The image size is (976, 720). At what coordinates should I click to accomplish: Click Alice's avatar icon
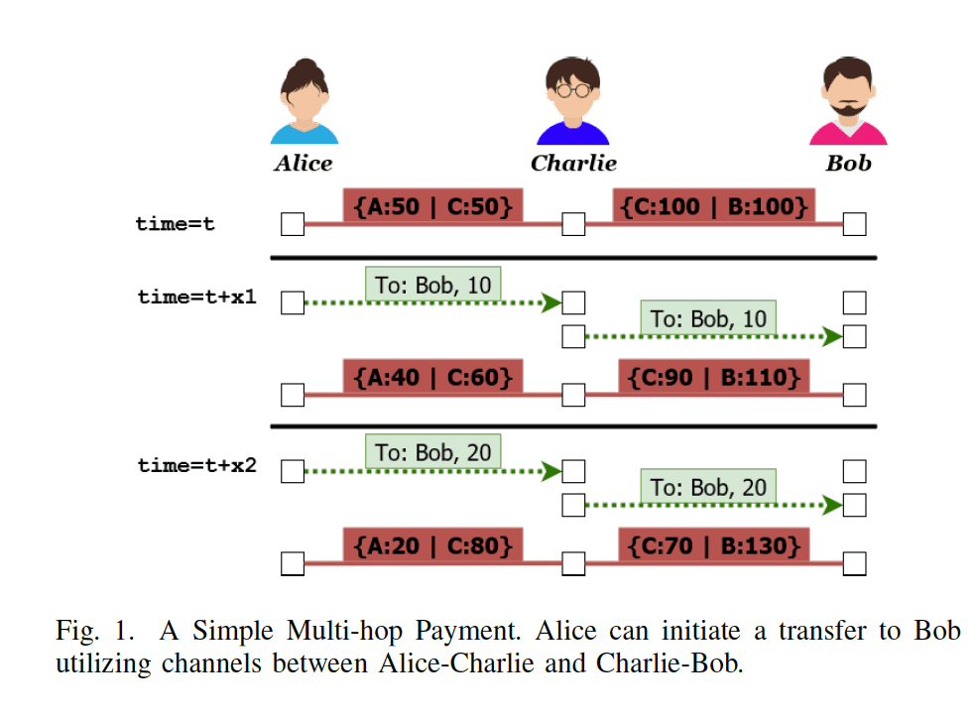coord(304,101)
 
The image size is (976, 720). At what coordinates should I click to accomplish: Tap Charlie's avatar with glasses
coord(572,101)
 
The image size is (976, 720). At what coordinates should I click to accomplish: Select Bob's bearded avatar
coord(848,101)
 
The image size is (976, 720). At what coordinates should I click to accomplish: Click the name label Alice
coord(304,164)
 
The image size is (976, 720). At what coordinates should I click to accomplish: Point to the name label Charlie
coord(573,164)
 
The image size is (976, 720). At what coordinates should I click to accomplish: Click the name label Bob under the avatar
coord(848,164)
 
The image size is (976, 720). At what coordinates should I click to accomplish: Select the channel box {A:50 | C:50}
coord(432,206)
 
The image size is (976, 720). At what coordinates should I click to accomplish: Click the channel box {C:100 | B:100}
coord(713,206)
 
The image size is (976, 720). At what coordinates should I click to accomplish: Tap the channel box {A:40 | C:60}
coord(432,377)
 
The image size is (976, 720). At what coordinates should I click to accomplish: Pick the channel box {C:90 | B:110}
coord(713,377)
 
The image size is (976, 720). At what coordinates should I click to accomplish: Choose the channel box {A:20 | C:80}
coord(432,545)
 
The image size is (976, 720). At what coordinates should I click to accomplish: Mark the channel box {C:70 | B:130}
coord(713,545)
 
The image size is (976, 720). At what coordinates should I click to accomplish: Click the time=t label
coord(176,225)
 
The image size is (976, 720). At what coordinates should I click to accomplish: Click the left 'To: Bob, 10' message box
coord(433,286)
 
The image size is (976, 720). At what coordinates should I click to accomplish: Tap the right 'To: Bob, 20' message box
coord(708,488)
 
